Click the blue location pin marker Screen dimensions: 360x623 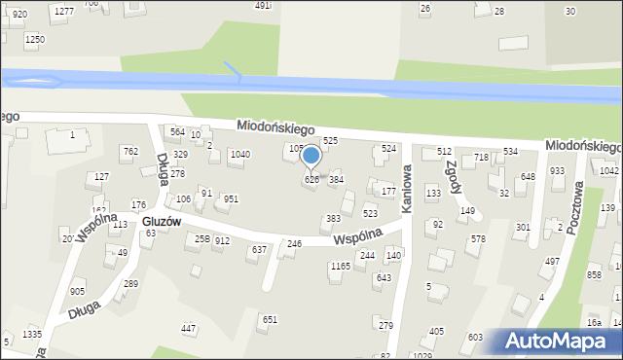311,157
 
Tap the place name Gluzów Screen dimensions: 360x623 162,222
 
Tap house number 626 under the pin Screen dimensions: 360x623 311,180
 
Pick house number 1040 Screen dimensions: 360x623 239,155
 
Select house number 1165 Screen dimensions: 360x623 340,266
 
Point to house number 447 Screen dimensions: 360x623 189,329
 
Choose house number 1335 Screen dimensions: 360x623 32,334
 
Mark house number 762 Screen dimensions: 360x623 129,152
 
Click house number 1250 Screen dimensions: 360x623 35,39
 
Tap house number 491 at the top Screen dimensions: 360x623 263,6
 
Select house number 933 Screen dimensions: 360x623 557,170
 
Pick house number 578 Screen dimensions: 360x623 478,238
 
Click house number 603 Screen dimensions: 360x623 475,337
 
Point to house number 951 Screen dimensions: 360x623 231,198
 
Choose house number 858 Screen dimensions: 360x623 594,275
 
